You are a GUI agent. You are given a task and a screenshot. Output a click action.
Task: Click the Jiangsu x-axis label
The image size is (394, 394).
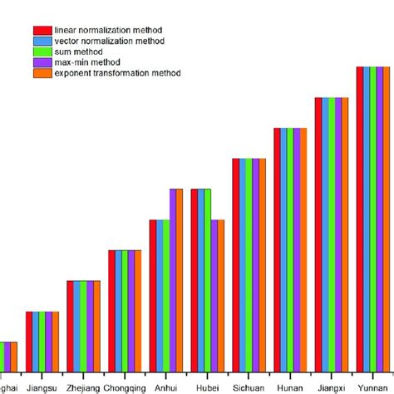pos(42,387)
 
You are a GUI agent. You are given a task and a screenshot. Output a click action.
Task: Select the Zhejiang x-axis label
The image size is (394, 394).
pos(83,387)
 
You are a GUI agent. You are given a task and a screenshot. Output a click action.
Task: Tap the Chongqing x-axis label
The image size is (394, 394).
pos(125,387)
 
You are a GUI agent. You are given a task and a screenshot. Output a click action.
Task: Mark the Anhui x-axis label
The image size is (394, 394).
pos(165,387)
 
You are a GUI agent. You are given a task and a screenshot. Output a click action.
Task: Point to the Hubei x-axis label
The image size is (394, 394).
pos(207,387)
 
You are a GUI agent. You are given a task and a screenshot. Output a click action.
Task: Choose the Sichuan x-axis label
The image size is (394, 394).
pos(249,387)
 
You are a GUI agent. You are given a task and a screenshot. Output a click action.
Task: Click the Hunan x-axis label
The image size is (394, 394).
pos(290,387)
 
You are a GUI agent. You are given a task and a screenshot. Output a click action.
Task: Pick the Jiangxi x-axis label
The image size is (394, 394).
pos(331,387)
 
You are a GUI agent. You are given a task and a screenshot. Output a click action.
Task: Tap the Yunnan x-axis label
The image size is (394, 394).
pos(372,387)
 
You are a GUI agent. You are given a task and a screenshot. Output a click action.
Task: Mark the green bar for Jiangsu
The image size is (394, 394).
pos(42,341)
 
